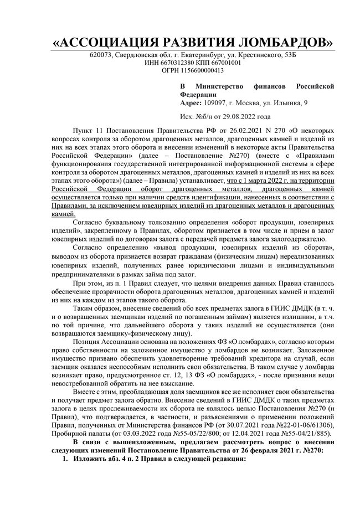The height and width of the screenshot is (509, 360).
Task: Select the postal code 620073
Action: point(102,55)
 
